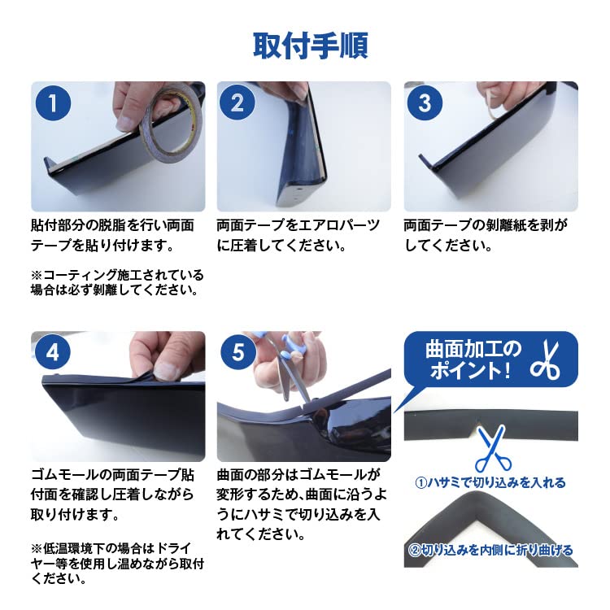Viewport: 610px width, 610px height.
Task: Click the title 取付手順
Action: pyautogui.click(x=311, y=46)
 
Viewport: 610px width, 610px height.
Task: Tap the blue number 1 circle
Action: pyautogui.click(x=53, y=103)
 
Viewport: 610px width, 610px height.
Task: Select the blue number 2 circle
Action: pyautogui.click(x=237, y=103)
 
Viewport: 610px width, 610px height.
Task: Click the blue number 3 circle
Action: pyautogui.click(x=425, y=103)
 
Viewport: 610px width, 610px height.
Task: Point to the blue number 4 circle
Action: pyautogui.click(x=53, y=352)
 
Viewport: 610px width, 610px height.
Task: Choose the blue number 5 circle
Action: pyautogui.click(x=238, y=352)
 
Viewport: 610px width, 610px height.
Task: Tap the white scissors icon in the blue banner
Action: pyautogui.click(x=546, y=359)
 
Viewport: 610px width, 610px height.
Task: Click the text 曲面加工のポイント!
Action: pyautogui.click(x=473, y=359)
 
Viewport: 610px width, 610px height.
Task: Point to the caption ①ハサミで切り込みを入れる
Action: pyautogui.click(x=490, y=483)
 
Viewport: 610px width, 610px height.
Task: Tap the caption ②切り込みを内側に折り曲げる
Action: pyautogui.click(x=490, y=550)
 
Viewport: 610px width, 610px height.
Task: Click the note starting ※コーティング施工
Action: pyautogui.click(x=117, y=282)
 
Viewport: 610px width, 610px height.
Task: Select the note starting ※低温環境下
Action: pyautogui.click(x=117, y=564)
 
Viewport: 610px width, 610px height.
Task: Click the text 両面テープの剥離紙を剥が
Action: pyautogui.click(x=486, y=224)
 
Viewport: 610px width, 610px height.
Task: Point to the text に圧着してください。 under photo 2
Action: pyautogui.click(x=281, y=246)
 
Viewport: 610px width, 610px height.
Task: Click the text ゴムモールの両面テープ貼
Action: pyautogui.click(x=112, y=475)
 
